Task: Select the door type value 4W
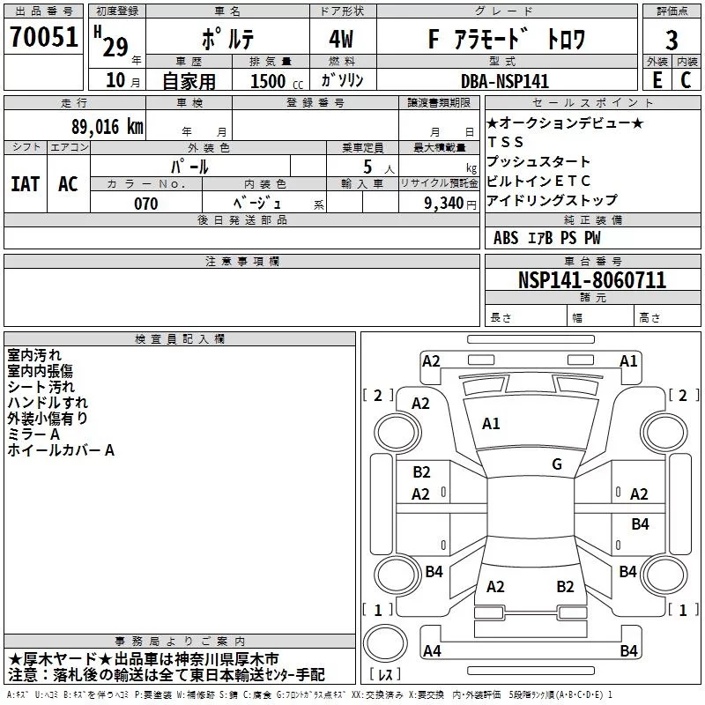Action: point(342,39)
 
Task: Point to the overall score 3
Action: point(672,40)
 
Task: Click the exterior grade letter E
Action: point(656,80)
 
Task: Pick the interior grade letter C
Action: point(686,80)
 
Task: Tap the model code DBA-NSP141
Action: point(504,81)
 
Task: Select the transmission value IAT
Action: point(25,183)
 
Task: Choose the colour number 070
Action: point(145,204)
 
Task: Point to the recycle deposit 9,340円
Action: point(449,204)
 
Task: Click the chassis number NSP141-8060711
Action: point(591,280)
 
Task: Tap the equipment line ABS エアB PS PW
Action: point(546,238)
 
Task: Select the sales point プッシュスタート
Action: point(538,161)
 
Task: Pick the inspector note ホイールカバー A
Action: point(61,450)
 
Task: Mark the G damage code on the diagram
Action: point(556,464)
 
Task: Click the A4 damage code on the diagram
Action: point(432,651)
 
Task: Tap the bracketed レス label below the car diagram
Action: point(386,675)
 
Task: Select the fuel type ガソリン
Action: point(343,80)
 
